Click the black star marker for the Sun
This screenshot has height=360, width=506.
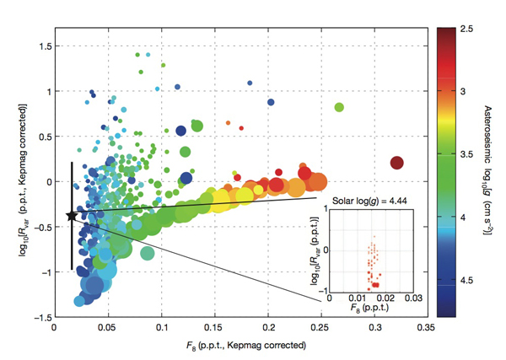point(72,216)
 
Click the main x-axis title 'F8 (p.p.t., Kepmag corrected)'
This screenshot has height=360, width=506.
point(240,346)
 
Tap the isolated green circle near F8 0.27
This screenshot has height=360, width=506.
point(339,107)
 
